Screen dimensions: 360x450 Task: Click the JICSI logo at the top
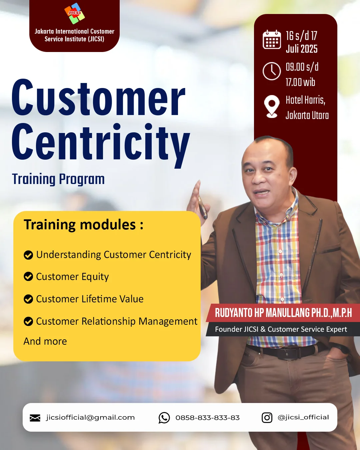[x=74, y=13]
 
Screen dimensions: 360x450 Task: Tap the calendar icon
[x=272, y=39]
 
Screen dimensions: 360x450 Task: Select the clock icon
[x=272, y=71]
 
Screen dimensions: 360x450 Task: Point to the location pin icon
[x=272, y=107]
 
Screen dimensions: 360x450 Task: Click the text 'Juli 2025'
[x=302, y=49]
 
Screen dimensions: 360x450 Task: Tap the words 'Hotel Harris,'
[x=306, y=100]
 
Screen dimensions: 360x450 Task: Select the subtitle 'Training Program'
[x=58, y=179]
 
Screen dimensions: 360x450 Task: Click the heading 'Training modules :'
[x=84, y=225]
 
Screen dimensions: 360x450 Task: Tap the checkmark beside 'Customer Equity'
[x=28, y=276]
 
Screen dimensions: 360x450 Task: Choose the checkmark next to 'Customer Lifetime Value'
[x=28, y=299]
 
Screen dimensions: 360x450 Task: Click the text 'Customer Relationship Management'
[x=117, y=321]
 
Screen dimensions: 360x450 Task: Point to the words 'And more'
[x=45, y=341]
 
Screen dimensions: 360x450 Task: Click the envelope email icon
[x=35, y=418]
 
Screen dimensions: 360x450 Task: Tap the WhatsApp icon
[x=164, y=418]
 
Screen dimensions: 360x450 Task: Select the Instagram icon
[x=267, y=418]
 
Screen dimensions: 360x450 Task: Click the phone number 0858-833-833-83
[x=208, y=418]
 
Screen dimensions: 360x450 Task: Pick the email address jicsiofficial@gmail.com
[x=90, y=418]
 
